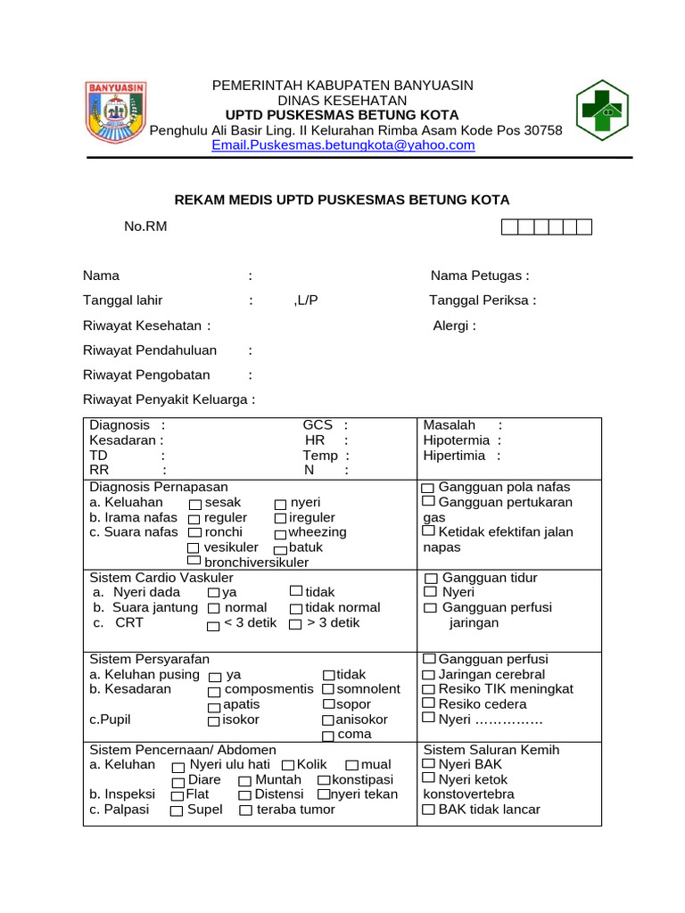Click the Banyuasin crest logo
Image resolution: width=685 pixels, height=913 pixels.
pos(115,113)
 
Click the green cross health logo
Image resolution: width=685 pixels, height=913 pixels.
pos(607,111)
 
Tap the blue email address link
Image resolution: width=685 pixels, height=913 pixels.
pos(343,145)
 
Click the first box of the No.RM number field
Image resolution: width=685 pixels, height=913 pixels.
pos(509,227)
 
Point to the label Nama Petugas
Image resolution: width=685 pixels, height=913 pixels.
pos(480,276)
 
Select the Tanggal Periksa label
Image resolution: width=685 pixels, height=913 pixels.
pos(483,300)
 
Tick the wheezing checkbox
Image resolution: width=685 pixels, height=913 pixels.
pos(281,533)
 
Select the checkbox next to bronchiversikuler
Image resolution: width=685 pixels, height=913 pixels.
pos(194,563)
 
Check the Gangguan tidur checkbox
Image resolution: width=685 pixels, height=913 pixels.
pos(430,579)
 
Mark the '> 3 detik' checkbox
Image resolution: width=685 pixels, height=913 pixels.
pos(295,624)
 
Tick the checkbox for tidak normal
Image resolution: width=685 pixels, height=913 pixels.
pos(295,609)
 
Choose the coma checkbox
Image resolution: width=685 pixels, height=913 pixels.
pos(327,736)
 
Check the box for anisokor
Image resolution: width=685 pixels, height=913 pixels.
pos(327,720)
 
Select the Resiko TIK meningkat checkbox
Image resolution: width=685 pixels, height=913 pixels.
pos(429,690)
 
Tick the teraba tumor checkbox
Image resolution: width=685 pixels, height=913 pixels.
pos(245,810)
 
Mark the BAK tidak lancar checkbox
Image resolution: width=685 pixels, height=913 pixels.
pos(429,810)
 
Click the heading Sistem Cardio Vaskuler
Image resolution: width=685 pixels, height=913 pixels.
pos(161,578)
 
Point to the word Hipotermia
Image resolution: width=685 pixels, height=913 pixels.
pos(456,440)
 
